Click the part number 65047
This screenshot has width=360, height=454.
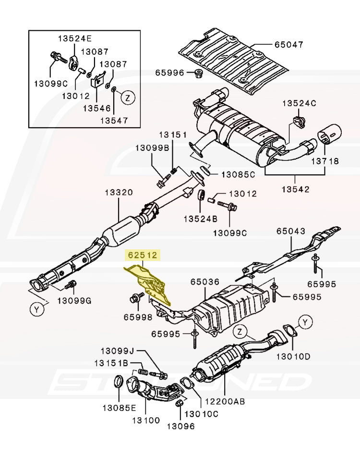(289, 45)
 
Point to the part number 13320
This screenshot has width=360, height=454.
(119, 193)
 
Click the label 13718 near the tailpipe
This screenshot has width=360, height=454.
(325, 161)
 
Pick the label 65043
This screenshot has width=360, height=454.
(290, 231)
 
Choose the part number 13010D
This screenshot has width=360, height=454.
(294, 356)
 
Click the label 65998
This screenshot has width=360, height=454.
(138, 317)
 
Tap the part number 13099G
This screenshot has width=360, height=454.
(74, 301)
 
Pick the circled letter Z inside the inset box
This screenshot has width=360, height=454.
(127, 98)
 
